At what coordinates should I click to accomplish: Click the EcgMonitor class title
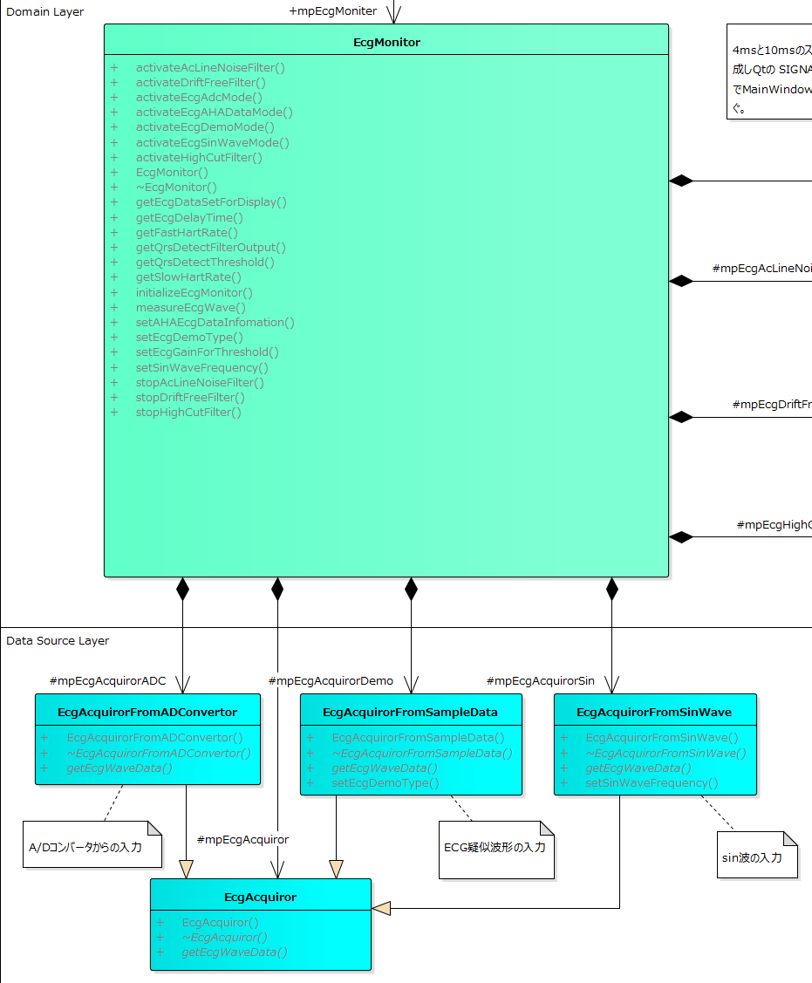click(386, 42)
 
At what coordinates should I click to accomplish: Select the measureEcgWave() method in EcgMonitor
click(190, 307)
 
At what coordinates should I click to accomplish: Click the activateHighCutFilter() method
click(199, 158)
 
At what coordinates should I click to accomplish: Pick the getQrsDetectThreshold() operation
click(205, 262)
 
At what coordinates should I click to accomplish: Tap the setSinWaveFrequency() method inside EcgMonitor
click(202, 367)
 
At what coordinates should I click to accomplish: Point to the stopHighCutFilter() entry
click(188, 413)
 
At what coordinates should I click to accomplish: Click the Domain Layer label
click(45, 12)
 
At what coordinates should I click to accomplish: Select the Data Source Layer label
click(58, 641)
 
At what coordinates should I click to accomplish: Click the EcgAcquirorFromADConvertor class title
click(147, 713)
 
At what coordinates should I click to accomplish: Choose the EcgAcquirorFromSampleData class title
click(410, 713)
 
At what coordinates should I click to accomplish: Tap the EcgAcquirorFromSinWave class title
click(654, 713)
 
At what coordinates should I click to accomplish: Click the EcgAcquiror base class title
click(260, 897)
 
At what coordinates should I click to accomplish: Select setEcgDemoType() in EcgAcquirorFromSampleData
click(385, 783)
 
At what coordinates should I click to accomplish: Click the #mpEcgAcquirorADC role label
click(108, 680)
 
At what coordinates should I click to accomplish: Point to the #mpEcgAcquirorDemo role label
click(331, 680)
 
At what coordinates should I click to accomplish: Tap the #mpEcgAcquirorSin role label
click(540, 680)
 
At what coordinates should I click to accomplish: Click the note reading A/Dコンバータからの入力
click(91, 847)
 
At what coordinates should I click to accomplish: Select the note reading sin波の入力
click(751, 857)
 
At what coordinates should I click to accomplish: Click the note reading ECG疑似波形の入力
click(495, 847)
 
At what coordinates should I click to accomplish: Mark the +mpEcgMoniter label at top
click(333, 11)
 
